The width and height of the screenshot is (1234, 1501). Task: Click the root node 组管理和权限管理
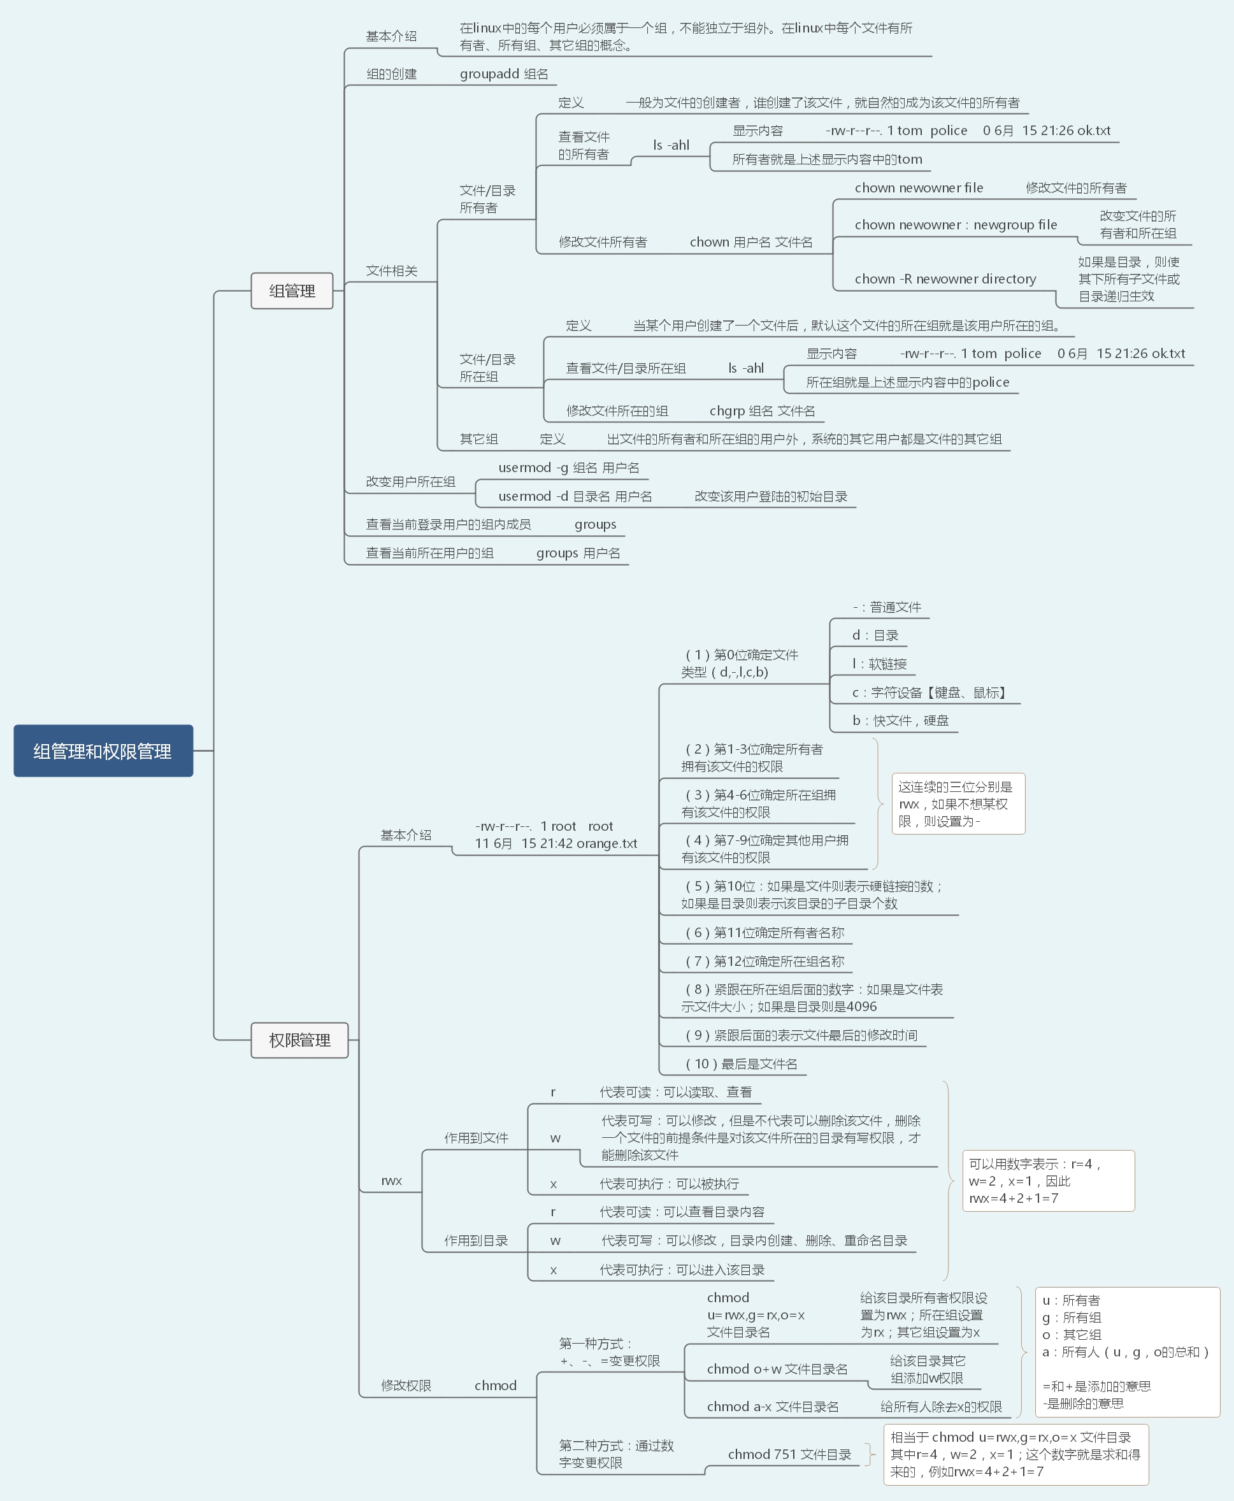pos(103,750)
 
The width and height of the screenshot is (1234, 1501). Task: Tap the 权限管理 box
pos(299,1040)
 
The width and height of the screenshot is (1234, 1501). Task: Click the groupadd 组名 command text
pos(503,74)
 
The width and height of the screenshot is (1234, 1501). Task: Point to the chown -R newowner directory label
pos(945,278)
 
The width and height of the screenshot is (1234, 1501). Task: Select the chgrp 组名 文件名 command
pos(762,411)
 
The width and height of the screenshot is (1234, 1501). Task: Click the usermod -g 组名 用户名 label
pos(569,468)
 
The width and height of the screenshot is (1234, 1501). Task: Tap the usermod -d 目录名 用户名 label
pos(575,496)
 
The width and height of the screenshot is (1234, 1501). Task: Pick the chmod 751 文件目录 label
pos(789,1454)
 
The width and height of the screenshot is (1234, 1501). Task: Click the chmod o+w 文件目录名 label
pos(777,1369)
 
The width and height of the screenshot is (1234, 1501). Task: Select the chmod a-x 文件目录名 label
pos(773,1407)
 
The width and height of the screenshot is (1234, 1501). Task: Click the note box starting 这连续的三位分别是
pos(958,804)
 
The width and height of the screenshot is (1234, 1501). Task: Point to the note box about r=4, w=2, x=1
pos(1048,1181)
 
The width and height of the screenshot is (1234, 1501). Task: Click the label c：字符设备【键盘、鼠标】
pos(929,693)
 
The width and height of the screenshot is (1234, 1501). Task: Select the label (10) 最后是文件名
pos(741,1064)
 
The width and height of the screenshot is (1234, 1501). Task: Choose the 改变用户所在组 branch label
pos(410,481)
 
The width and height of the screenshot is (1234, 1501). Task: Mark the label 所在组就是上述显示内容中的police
pos(907,382)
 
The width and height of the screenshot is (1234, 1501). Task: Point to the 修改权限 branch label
pos(406,1385)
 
